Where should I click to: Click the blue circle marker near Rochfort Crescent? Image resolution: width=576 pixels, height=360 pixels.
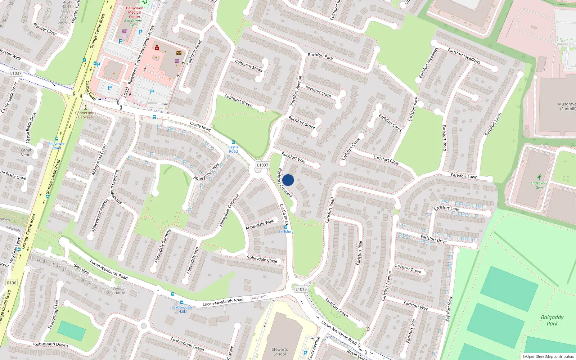coord(288,180)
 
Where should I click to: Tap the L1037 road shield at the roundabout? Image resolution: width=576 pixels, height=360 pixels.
coord(262,165)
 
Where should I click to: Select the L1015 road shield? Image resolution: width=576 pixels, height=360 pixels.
coord(301,289)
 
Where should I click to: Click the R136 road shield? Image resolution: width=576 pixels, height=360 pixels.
coord(12,283)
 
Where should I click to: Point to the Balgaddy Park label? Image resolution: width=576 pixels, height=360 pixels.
coord(552,320)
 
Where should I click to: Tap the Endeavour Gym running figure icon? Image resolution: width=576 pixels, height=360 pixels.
coord(539,177)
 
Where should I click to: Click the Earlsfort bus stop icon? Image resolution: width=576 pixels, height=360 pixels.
coord(286,227)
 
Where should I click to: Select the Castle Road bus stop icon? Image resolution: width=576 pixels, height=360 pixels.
coord(233,143)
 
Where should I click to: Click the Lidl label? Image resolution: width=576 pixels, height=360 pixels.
coord(125,37)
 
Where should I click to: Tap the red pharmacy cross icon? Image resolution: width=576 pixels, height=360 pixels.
coord(157,48)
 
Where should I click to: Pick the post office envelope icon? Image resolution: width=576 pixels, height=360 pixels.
coord(179,53)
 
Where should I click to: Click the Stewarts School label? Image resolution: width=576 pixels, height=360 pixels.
coord(280,351)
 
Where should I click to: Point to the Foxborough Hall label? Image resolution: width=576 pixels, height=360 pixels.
coord(182,309)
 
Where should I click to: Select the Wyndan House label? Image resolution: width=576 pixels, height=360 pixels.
coord(120,291)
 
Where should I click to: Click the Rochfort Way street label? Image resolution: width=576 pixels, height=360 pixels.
coord(293,158)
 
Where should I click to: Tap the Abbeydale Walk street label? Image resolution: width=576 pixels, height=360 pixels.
coord(260,224)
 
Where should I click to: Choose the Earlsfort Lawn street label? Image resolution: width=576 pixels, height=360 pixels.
coord(464,176)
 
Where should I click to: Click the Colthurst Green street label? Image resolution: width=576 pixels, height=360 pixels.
coord(239,100)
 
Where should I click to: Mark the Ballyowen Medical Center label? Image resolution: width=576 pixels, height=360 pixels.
coord(135,12)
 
